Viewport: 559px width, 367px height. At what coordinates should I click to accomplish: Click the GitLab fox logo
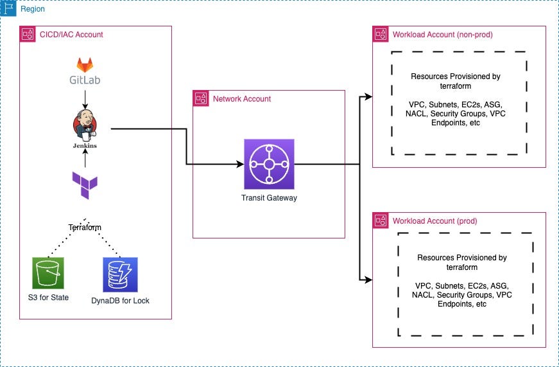(x=85, y=65)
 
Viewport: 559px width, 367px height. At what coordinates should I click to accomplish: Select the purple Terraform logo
(x=85, y=186)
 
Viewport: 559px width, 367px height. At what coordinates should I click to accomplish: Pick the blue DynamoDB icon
(x=120, y=274)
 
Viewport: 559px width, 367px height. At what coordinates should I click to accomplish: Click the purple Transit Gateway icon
(x=269, y=164)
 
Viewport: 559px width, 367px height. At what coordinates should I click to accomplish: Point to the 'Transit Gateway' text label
(x=269, y=198)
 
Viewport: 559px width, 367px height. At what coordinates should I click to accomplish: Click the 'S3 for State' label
(x=51, y=298)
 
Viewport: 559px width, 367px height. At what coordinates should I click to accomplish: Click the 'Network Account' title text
(x=242, y=99)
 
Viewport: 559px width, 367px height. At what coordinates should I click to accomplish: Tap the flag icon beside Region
(x=9, y=9)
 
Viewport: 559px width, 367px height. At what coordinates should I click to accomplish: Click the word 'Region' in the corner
(x=33, y=10)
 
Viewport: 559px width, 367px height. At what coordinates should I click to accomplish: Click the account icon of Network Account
(x=201, y=99)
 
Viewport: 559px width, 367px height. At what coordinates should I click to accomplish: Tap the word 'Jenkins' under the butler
(x=85, y=146)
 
